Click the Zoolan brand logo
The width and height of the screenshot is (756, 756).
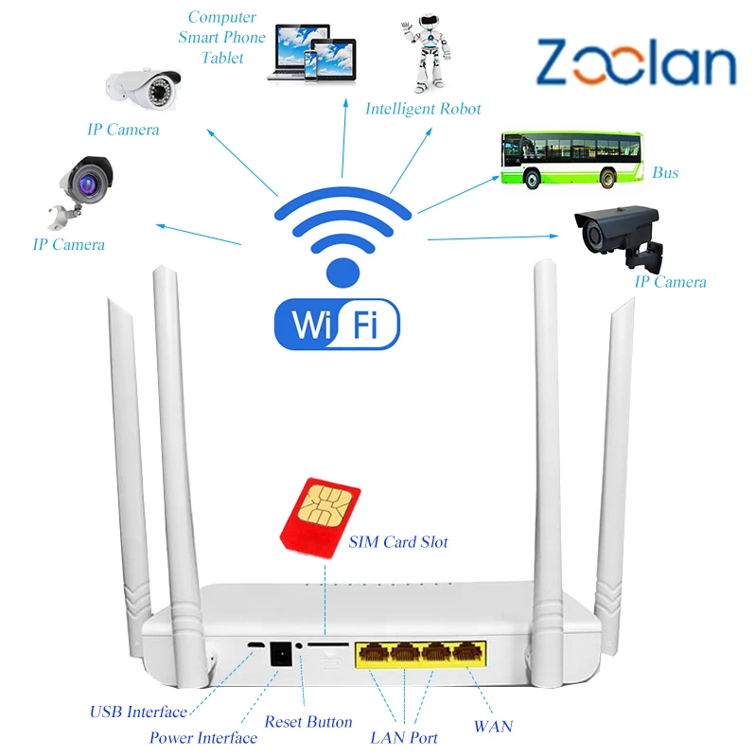pos(636,63)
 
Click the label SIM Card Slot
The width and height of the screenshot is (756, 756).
pos(398,542)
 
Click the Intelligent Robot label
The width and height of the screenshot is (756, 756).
pos(423,109)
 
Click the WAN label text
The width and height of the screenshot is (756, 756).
pos(492,727)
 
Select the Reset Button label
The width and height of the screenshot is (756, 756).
pos(308,722)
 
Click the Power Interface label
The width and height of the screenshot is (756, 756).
pos(203,738)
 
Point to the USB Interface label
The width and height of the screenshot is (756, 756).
pos(138,712)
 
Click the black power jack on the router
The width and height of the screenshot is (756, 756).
pos(281,654)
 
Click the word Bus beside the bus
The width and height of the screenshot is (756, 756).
pos(665,173)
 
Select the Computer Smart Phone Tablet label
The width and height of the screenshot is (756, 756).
pos(221,38)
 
